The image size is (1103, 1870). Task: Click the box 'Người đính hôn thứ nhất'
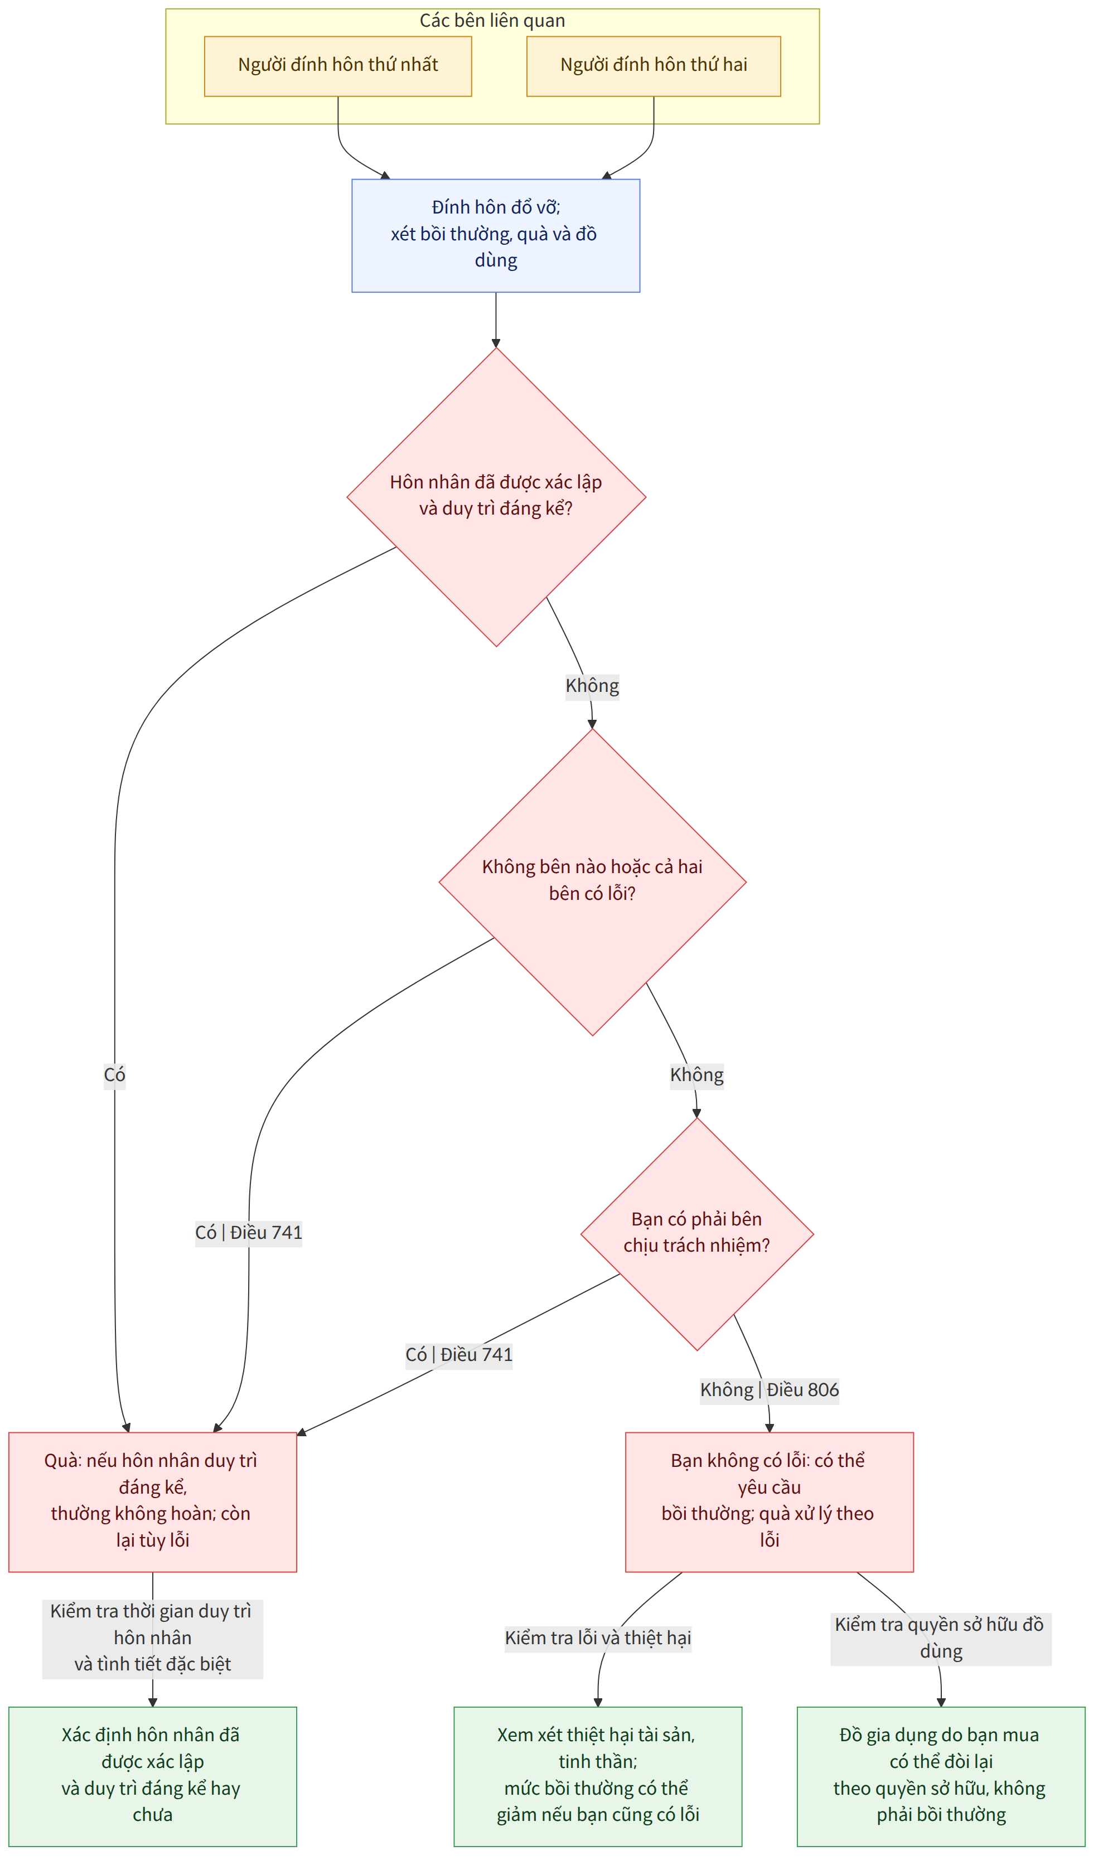[x=337, y=66]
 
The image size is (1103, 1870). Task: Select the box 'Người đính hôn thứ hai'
[x=654, y=66]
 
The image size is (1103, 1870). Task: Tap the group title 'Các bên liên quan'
[x=492, y=21]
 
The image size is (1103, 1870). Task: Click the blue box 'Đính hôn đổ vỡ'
[x=496, y=235]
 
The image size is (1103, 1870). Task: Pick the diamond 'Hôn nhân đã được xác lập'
[x=496, y=497]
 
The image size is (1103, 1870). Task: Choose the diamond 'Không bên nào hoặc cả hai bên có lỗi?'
[x=592, y=882]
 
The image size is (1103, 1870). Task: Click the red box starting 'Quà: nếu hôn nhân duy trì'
[x=152, y=1502]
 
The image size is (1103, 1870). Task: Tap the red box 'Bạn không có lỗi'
[x=770, y=1502]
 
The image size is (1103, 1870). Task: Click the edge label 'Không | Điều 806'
[x=770, y=1389]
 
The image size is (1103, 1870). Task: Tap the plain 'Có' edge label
[x=114, y=1074]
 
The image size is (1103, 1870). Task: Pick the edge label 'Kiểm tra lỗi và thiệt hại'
[x=598, y=1638]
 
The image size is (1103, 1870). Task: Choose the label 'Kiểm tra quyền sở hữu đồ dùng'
[x=941, y=1638]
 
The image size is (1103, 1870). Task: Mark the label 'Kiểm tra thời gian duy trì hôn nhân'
[x=152, y=1638]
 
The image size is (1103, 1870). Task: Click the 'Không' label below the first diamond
[x=592, y=685]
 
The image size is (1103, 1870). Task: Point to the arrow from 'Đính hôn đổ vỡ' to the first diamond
[x=496, y=320]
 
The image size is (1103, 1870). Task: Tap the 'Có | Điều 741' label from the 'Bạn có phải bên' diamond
[x=458, y=1354]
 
